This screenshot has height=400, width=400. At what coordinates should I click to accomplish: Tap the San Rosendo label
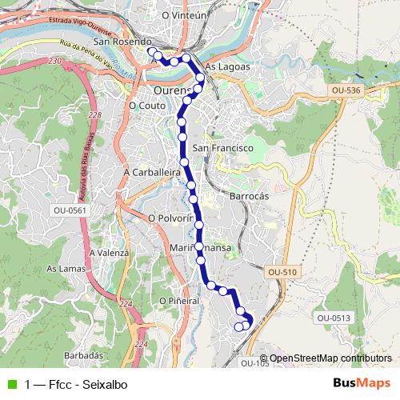[x=122, y=42]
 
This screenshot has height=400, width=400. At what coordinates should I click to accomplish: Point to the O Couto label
[x=146, y=104]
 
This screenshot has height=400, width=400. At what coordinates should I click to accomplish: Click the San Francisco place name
[x=223, y=149]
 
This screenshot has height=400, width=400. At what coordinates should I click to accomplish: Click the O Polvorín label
[x=171, y=218]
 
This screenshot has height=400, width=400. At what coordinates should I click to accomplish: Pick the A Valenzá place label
[x=109, y=252]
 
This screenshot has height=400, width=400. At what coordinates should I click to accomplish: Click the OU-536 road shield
[x=346, y=91]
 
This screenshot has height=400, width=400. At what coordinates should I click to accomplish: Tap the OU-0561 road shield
[x=69, y=210]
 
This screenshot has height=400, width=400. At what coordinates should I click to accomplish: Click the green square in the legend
[x=12, y=384]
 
